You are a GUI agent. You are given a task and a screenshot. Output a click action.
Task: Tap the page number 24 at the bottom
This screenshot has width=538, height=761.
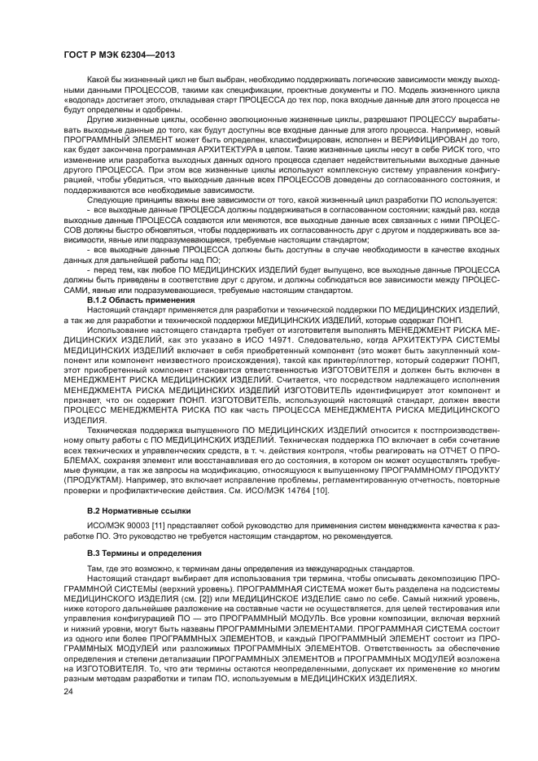click(x=68, y=714)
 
